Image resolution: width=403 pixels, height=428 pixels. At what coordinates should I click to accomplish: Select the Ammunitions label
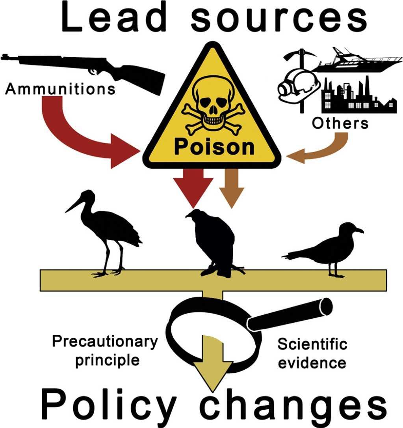pos(60,89)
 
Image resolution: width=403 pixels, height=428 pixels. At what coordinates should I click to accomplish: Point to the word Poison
pos(214,147)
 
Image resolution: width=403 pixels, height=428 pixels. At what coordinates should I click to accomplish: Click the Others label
pos(340,123)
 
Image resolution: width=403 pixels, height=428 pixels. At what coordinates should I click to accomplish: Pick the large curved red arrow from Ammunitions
pos(79,138)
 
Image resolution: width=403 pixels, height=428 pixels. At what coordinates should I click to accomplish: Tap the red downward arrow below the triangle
pos(193,185)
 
